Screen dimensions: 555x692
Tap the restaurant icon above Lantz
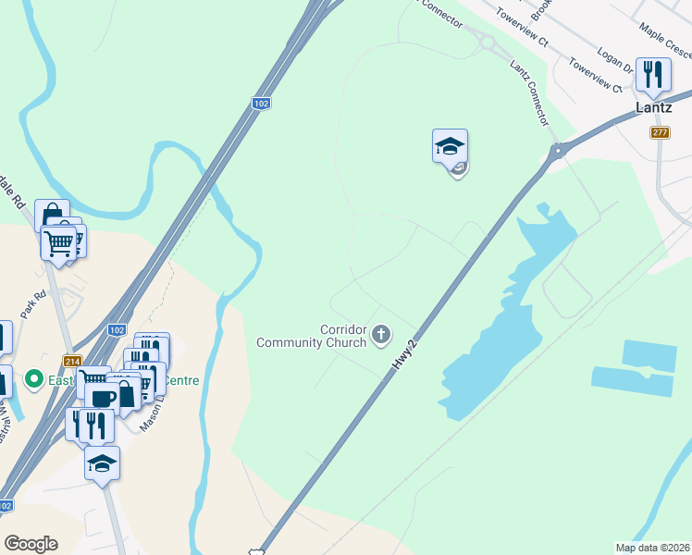pos(654,75)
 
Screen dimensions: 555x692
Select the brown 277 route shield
pos(660,133)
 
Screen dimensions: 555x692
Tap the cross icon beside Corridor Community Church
pos(381,334)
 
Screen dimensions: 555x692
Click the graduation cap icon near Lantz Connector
pos(450,145)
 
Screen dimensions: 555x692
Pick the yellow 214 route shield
pos(71,361)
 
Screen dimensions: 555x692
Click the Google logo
pos(31,544)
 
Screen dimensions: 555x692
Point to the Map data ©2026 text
pos(652,548)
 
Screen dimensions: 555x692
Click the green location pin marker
pos(33,378)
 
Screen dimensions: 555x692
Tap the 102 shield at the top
pos(261,104)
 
